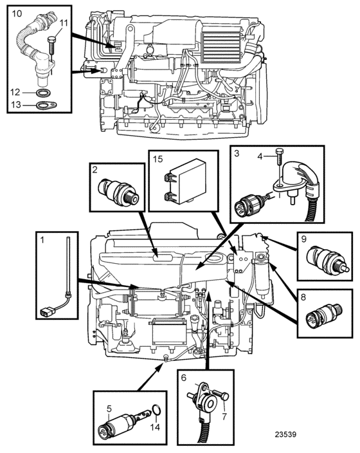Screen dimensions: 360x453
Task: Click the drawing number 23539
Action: tap(285, 434)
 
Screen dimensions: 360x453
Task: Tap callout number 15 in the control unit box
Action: tap(158, 159)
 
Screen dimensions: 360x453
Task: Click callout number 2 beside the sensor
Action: tap(95, 170)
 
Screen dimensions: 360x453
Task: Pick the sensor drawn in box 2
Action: tap(118, 192)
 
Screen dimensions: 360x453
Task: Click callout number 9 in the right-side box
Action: tap(303, 239)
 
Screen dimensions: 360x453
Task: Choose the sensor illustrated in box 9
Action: tap(328, 258)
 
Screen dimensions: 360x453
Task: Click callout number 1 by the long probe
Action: tap(42, 240)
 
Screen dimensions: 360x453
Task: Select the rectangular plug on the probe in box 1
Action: tap(46, 312)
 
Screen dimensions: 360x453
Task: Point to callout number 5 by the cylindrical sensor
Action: tap(109, 409)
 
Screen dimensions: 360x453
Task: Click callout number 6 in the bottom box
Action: tap(184, 378)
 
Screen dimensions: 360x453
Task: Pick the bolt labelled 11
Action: tap(51, 45)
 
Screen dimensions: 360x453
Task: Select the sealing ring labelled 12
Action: tap(44, 93)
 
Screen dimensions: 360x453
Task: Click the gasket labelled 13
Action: tap(46, 106)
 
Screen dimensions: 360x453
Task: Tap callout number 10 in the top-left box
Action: tap(17, 14)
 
